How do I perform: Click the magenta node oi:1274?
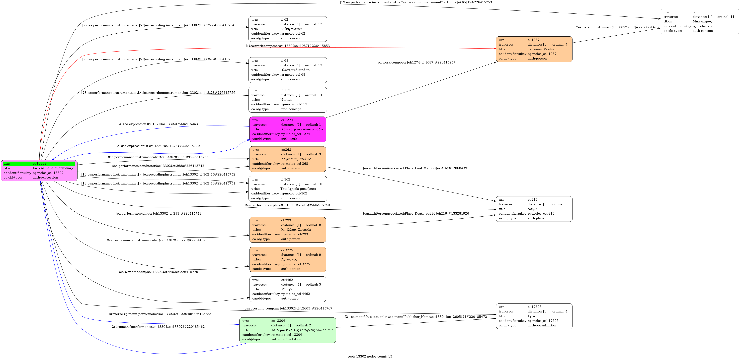[288, 129]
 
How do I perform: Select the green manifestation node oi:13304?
[288, 330]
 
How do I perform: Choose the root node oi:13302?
[39, 171]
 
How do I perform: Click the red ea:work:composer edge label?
[288, 46]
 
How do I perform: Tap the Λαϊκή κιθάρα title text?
[291, 29]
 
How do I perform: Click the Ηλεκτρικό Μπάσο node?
[288, 70]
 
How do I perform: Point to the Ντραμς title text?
[286, 100]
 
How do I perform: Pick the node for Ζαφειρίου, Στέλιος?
[288, 159]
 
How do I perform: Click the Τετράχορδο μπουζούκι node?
[288, 189]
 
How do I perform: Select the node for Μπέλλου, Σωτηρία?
[288, 230]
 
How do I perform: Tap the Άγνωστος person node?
[288, 259]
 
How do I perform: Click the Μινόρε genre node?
[288, 289]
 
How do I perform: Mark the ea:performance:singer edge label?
[158, 214]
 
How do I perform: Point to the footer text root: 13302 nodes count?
[370, 357]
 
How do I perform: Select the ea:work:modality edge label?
[158, 272]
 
